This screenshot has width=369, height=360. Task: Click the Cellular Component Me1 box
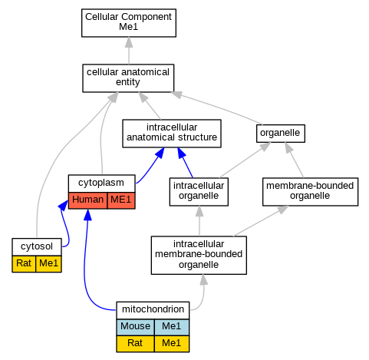pos(129,23)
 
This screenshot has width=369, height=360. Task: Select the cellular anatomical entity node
pos(128,78)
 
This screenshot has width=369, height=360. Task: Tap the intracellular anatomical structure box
pos(172,134)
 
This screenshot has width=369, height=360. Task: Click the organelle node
pos(281,134)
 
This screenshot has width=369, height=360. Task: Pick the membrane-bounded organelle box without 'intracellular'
pos(310,192)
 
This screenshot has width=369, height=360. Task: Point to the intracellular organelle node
pos(199,192)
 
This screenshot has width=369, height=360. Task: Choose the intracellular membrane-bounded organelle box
pos(199,255)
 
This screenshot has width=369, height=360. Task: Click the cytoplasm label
pos(101,183)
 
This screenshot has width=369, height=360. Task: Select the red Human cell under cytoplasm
pos(87,200)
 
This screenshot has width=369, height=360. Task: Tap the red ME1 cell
pos(121,200)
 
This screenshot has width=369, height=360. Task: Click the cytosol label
pos(37,246)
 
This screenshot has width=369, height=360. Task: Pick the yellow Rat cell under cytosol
pos(24,264)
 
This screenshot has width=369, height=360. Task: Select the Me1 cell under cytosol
pos(49,264)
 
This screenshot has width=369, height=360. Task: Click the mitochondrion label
pos(153,310)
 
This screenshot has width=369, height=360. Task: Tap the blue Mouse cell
pos(135,327)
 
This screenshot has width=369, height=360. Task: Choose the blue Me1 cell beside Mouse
pos(172,327)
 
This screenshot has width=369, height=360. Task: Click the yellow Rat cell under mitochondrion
pos(135,344)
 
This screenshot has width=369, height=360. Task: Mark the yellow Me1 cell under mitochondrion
pos(172,344)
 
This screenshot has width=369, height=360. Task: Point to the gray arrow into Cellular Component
pos(129,51)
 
